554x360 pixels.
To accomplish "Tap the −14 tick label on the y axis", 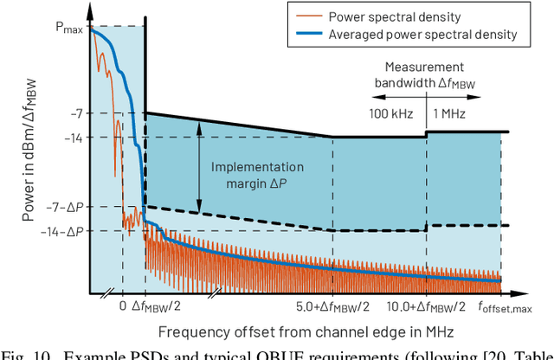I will click(72, 137).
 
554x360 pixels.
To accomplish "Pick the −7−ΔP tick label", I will click(65, 208).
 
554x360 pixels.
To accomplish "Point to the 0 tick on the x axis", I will click(122, 305).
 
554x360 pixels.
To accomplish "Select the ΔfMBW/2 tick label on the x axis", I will click(156, 305).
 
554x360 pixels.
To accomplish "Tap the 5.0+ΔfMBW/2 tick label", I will click(332, 305).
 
